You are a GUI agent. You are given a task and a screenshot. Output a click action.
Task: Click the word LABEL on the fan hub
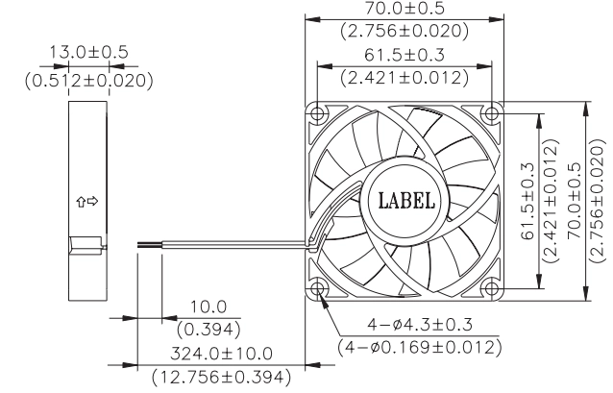point(406,200)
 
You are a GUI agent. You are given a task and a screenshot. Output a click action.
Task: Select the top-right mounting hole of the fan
point(491,113)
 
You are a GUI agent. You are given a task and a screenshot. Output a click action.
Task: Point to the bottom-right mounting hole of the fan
point(491,289)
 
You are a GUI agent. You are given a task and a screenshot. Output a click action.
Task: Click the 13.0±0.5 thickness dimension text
point(88,52)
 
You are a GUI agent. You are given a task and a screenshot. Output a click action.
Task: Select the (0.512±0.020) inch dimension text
point(89,81)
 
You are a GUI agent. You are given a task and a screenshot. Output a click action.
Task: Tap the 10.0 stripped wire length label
point(208,307)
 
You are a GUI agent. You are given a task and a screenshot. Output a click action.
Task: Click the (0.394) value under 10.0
point(208,330)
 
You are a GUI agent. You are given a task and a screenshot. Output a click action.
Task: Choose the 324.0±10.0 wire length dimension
point(221,354)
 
